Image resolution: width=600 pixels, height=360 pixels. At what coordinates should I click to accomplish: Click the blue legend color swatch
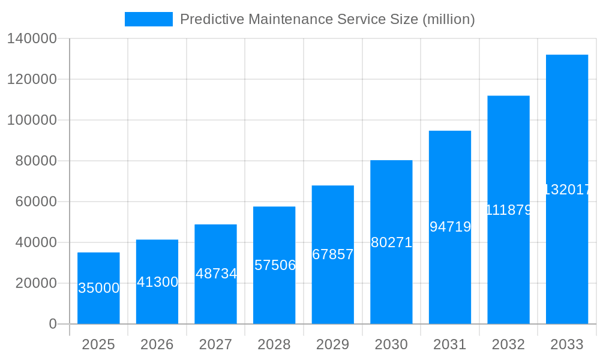pos(148,19)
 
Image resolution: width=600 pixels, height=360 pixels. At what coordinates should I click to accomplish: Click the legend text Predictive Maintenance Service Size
pos(327,19)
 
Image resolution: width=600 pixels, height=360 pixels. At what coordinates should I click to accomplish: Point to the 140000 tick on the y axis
pos(31,38)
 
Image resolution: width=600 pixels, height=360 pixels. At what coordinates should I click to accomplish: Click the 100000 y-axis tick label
pos(31,120)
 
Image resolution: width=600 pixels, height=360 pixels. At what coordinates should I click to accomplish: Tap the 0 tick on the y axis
pos(52,324)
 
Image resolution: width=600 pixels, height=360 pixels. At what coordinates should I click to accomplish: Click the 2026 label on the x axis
pos(157,344)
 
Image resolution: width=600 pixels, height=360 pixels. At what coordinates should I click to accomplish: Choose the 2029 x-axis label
pos(333,344)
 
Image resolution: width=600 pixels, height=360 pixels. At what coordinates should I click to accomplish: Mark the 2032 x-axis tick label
pos(508,344)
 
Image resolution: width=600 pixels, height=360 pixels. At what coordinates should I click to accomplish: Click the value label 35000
pos(99,288)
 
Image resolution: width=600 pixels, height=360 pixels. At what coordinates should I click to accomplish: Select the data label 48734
pos(216,274)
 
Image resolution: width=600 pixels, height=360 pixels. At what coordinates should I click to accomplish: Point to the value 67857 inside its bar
pos(333,254)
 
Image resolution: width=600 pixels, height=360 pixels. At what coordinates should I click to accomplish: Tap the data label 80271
pos(391,242)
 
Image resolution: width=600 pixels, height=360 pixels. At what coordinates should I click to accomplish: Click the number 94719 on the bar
pos(450,227)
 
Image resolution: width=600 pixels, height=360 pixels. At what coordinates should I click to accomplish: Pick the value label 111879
pos(508,210)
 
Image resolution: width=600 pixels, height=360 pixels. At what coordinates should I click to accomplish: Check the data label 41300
pos(157,282)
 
